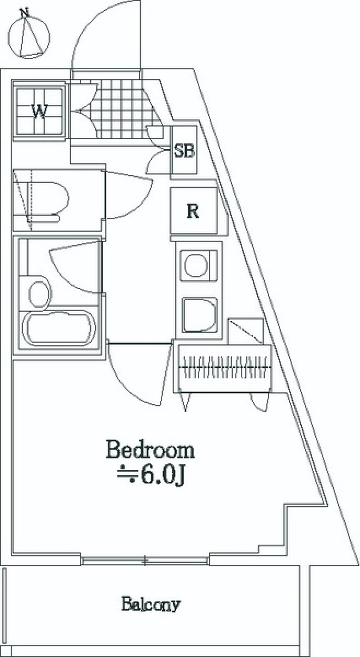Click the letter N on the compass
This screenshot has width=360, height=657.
click(x=25, y=14)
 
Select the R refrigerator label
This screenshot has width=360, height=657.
click(x=193, y=212)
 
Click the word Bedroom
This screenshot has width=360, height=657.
click(x=150, y=450)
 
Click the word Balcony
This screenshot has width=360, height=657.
click(x=151, y=604)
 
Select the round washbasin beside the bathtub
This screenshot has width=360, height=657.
click(x=39, y=294)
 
